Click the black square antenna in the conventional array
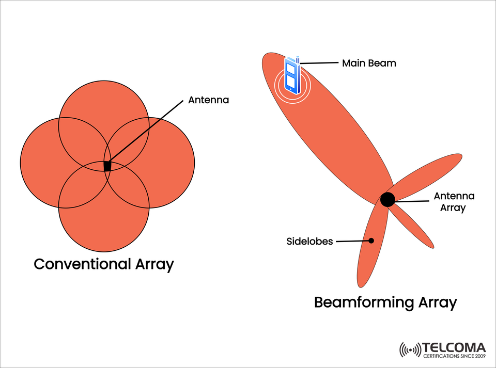pyautogui.click(x=107, y=166)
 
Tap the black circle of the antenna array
pyautogui.click(x=388, y=199)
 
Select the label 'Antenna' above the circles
pyautogui.click(x=208, y=100)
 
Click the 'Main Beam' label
pyautogui.click(x=369, y=63)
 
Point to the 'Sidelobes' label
pyautogui.click(x=309, y=242)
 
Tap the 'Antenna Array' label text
pyautogui.click(x=453, y=202)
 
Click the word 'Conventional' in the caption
pyautogui.click(x=82, y=264)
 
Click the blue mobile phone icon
pyautogui.click(x=291, y=75)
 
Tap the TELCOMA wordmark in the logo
pyautogui.click(x=454, y=347)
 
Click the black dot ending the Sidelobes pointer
pyautogui.click(x=371, y=241)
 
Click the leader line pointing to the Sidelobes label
pyautogui.click(x=351, y=241)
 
